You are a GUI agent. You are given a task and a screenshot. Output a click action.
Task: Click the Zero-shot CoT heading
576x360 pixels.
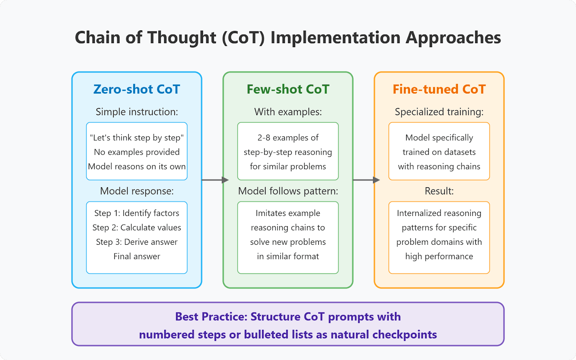point(136,89)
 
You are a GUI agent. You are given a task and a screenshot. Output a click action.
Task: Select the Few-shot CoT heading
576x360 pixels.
point(288,89)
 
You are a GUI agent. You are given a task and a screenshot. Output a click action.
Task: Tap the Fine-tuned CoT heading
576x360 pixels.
point(439,89)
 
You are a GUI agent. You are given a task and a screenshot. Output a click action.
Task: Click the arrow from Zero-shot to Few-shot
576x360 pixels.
point(215,180)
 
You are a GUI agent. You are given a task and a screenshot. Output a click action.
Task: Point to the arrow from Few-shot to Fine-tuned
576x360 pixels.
point(366,180)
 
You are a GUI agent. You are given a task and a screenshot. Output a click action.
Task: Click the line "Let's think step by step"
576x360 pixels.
point(136,138)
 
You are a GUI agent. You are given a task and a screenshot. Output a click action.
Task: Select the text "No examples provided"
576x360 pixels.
point(136,152)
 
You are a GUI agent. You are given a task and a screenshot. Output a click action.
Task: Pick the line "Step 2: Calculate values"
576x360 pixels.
point(136,228)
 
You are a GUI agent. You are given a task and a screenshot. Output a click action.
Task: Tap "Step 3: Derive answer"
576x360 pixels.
point(136,242)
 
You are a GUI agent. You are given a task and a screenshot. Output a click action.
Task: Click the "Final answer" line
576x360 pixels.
point(136,256)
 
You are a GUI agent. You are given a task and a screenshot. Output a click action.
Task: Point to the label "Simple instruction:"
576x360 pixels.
point(136,112)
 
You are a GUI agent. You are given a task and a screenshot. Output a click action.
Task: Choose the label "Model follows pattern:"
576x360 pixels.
point(288,191)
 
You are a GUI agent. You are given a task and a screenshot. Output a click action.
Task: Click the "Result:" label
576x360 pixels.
point(439,191)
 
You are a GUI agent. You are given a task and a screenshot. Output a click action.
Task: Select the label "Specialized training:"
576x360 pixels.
point(439,112)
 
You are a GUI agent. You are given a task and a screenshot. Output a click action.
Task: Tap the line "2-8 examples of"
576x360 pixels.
point(288,138)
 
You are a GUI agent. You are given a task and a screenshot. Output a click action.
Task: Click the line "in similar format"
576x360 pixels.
point(288,256)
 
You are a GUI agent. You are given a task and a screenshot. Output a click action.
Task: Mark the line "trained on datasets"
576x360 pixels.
point(439,152)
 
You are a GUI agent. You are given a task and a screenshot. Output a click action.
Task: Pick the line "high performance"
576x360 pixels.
point(439,256)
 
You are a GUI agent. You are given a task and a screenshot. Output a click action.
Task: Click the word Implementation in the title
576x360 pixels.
point(336,37)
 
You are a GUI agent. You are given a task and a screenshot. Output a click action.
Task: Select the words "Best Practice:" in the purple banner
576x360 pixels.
point(211,316)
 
